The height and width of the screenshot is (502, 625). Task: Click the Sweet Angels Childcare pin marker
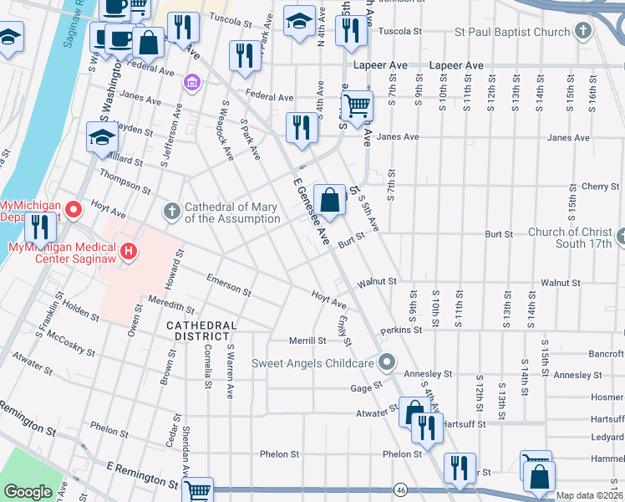[386, 362]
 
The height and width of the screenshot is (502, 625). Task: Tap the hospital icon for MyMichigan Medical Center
[128, 250]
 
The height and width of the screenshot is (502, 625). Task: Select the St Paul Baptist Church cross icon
[583, 33]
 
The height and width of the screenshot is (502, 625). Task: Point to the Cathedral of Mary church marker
[172, 211]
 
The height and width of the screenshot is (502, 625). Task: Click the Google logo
[28, 491]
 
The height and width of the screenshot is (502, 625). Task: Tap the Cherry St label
[599, 186]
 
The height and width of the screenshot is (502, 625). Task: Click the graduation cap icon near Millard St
[102, 137]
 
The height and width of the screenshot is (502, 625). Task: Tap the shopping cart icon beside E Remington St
[197, 491]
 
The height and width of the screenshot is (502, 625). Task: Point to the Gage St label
[365, 387]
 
